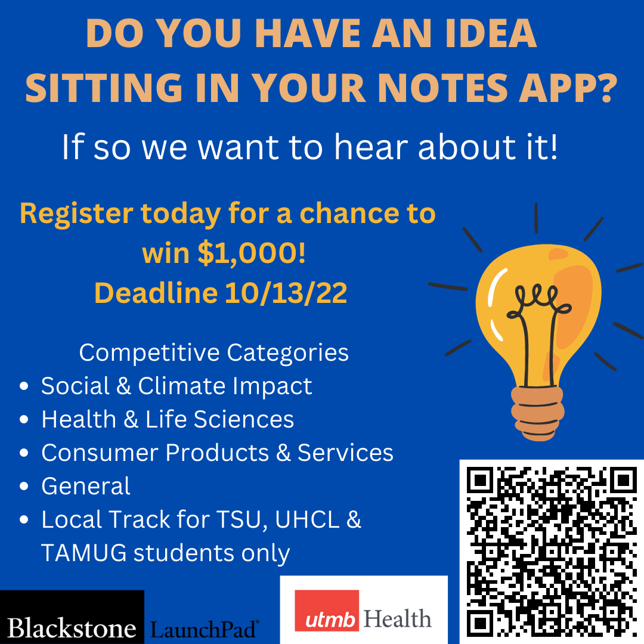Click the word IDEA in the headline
point(491,33)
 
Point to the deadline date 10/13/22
point(286,293)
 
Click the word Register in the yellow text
point(76,215)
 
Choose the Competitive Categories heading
point(213,352)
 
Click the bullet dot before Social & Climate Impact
point(24,386)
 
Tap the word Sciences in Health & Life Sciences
point(243,419)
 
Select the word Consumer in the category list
point(100,453)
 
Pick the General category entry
point(86,487)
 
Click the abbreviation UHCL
point(307,519)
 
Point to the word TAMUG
point(84,553)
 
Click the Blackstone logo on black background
point(72,617)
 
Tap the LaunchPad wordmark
point(204,629)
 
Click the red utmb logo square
point(327,611)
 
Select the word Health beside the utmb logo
point(398,618)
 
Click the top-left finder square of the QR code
point(479,479)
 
